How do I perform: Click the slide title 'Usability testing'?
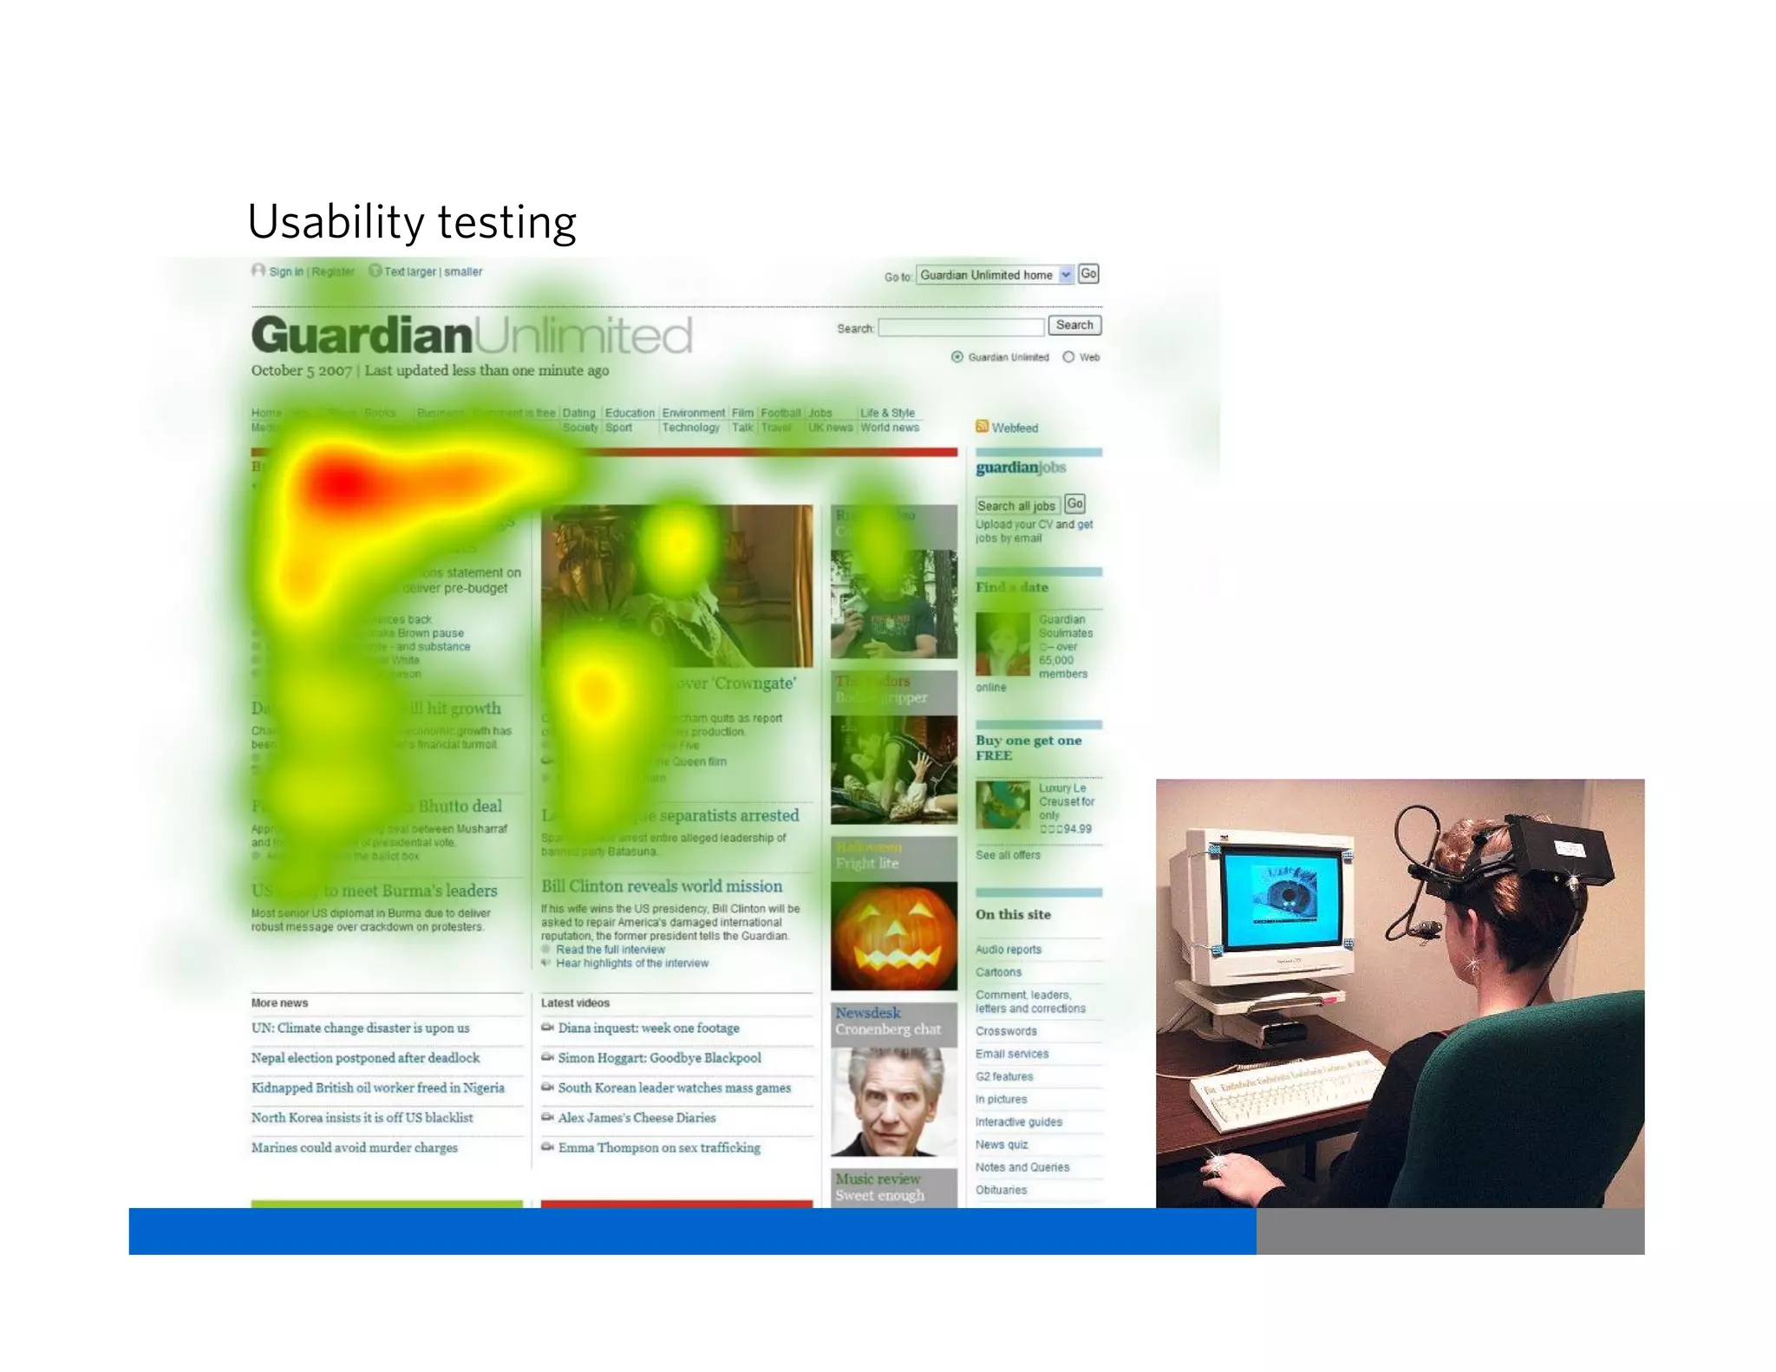(x=411, y=222)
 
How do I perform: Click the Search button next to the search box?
(x=1074, y=325)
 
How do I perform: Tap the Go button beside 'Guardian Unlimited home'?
(x=1088, y=274)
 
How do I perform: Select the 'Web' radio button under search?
(x=1068, y=357)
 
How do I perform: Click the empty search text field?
(x=961, y=328)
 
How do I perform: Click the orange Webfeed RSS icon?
(x=982, y=427)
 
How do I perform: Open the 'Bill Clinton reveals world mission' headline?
(x=661, y=886)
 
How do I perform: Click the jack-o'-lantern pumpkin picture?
(x=893, y=936)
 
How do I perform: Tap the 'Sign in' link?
(x=285, y=271)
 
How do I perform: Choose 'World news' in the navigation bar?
(x=889, y=428)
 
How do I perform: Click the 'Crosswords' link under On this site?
(x=1006, y=1031)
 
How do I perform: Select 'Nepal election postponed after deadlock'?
(x=365, y=1058)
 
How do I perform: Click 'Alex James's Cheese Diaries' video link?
(x=637, y=1118)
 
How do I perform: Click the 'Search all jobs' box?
(x=1016, y=506)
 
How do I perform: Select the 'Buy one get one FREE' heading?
(x=1028, y=748)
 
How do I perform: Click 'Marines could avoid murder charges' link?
(x=354, y=1148)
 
